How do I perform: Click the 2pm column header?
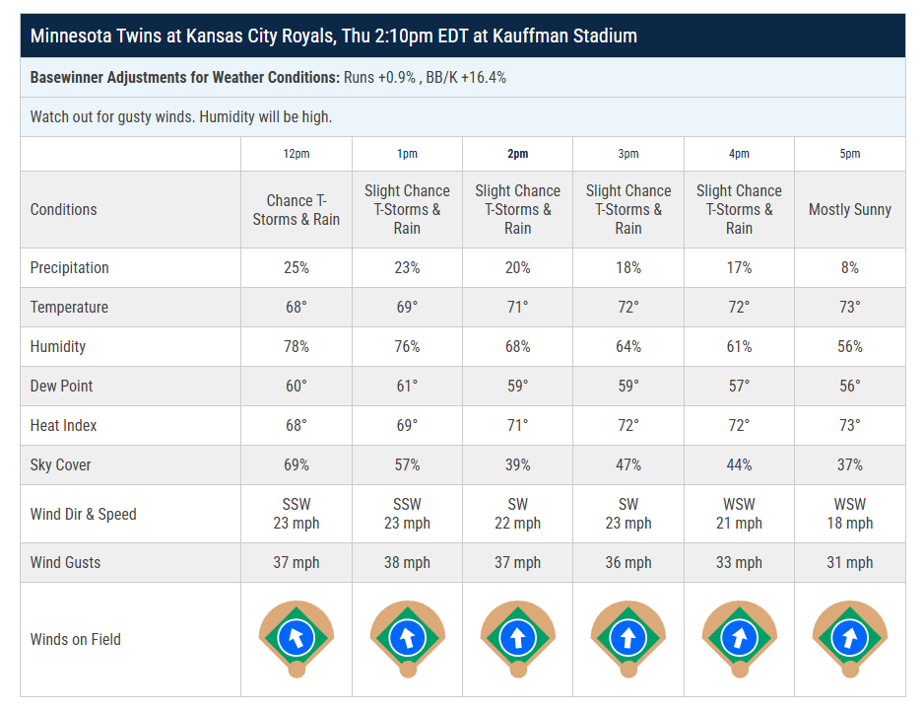[x=517, y=154]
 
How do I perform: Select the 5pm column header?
[x=849, y=154]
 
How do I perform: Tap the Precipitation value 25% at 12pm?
[x=296, y=268]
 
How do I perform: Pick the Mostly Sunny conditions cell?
[x=849, y=209]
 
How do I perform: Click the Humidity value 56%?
[x=849, y=347]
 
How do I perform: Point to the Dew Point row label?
[x=61, y=387]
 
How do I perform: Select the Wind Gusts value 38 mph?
[x=407, y=563]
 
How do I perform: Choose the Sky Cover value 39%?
[x=517, y=465]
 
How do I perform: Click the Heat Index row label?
[x=63, y=426]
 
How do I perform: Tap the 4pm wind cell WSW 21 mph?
[x=739, y=514]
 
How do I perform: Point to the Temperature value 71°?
[x=517, y=308]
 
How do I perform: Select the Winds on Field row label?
[x=76, y=639]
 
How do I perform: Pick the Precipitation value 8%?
[x=849, y=268]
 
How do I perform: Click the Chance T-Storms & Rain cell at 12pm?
[x=296, y=209]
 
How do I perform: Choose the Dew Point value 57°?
[x=739, y=387]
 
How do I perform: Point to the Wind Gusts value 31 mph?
[x=849, y=563]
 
